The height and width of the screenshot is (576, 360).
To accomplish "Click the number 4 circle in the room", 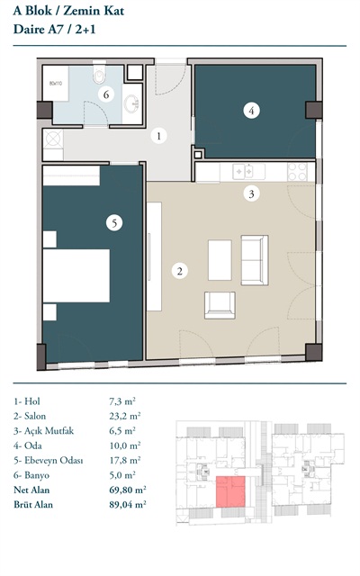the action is pyautogui.click(x=252, y=110).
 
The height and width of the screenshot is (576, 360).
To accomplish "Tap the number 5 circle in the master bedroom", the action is pyautogui.click(x=114, y=222).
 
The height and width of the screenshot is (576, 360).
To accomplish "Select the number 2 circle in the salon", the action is pyautogui.click(x=180, y=271).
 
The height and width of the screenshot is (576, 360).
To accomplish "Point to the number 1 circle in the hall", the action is pyautogui.click(x=158, y=136).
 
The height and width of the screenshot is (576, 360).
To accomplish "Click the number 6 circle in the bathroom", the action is pyautogui.click(x=106, y=94).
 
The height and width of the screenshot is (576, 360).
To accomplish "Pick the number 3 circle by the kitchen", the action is pyautogui.click(x=252, y=193).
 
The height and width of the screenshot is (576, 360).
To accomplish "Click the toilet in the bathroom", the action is pyautogui.click(x=99, y=74).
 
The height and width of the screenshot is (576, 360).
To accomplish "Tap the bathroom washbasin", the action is pyautogui.click(x=131, y=104).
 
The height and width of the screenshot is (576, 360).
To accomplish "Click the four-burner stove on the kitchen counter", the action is pyautogui.click(x=298, y=172).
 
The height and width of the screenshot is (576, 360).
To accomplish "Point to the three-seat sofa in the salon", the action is pyautogui.click(x=255, y=260).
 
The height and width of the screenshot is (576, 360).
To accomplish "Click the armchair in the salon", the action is pyautogui.click(x=220, y=305).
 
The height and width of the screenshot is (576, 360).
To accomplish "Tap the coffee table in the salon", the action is pyautogui.click(x=220, y=260).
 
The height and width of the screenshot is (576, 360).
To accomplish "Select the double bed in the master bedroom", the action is pyautogui.click(x=76, y=276).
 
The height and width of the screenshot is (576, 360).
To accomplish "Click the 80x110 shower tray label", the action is pyautogui.click(x=56, y=84).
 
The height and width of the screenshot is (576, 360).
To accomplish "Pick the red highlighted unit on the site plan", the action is pyautogui.click(x=230, y=492).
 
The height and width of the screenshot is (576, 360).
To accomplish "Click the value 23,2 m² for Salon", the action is pyautogui.click(x=125, y=416).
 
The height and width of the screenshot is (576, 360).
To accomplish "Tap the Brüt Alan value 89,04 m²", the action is pyautogui.click(x=128, y=504).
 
